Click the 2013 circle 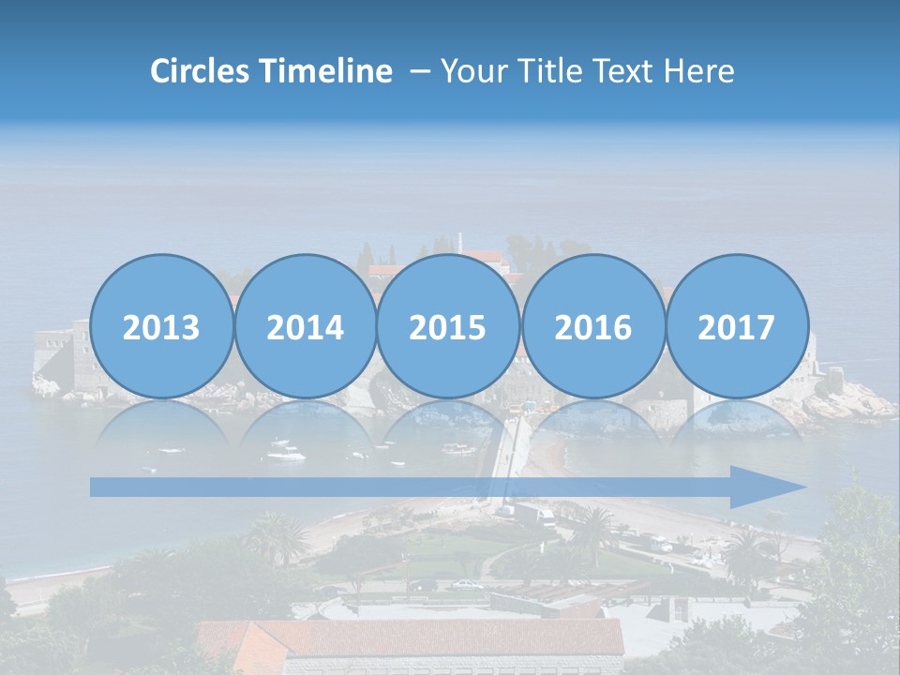pyautogui.click(x=161, y=327)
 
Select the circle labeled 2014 pyautogui.click(x=305, y=327)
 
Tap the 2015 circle pyautogui.click(x=448, y=327)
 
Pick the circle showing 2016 pyautogui.click(x=592, y=327)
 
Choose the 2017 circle pyautogui.click(x=736, y=327)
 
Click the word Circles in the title pyautogui.click(x=200, y=71)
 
